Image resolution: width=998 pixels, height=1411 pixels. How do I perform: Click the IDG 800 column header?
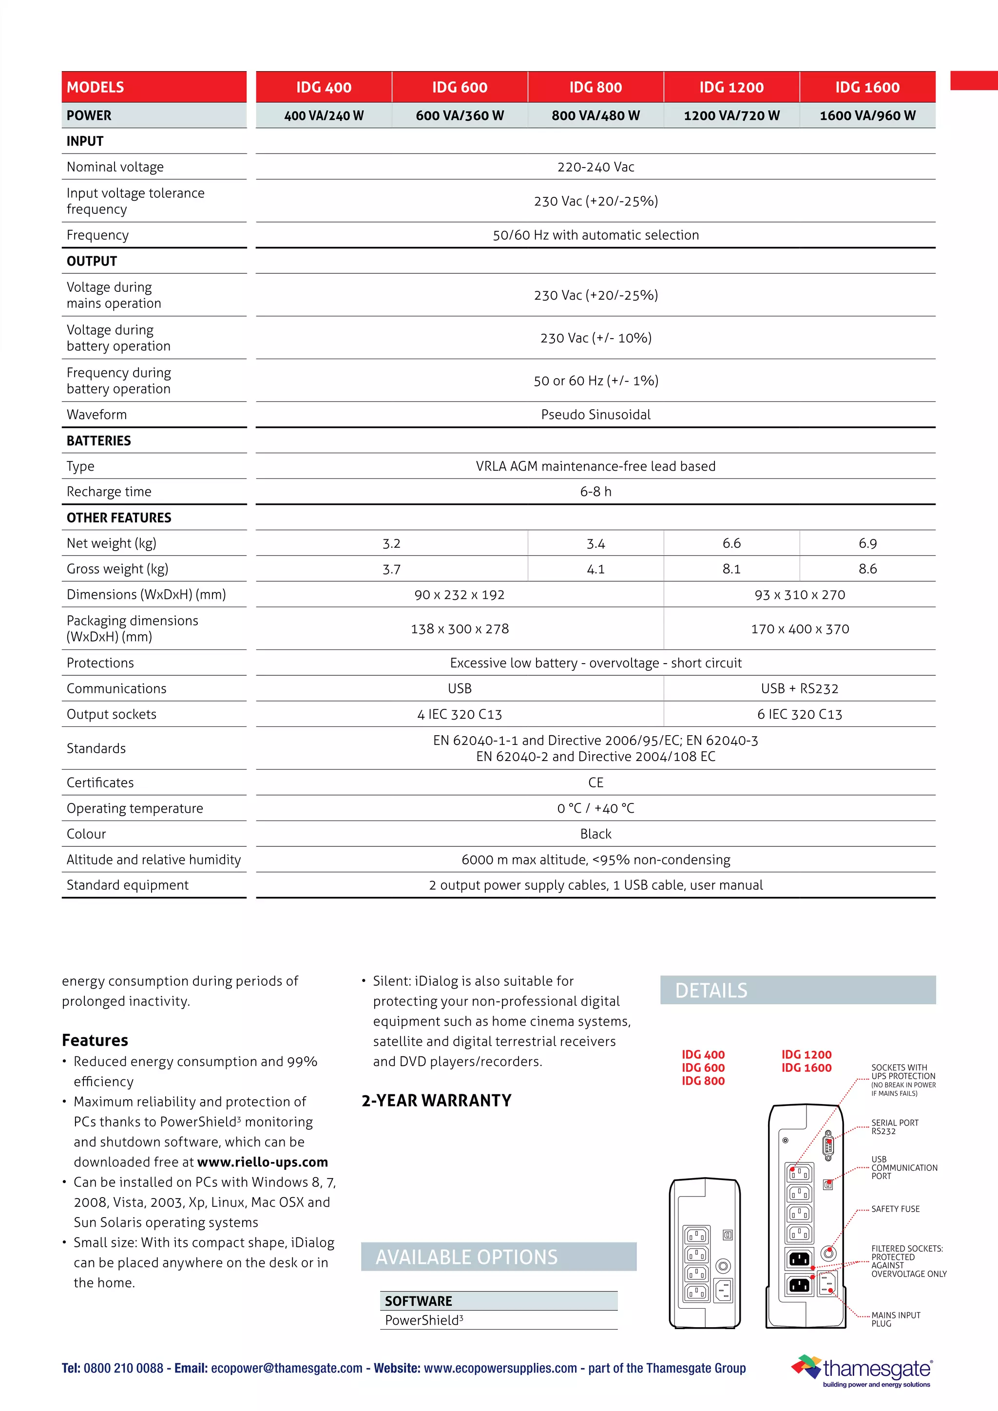[x=595, y=87]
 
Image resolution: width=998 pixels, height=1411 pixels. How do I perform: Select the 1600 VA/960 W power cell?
[x=867, y=115]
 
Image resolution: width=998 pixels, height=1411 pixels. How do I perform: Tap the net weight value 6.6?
[x=731, y=543]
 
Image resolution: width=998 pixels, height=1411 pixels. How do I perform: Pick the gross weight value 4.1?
[x=595, y=569]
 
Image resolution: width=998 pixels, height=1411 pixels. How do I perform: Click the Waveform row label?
[x=96, y=415]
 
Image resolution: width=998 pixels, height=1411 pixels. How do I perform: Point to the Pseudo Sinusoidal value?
[x=595, y=415]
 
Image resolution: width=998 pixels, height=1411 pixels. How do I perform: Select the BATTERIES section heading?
[x=98, y=440]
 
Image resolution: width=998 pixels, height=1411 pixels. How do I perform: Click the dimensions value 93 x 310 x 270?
[x=800, y=595]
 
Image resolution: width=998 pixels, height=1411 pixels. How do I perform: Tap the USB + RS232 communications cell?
[x=800, y=688]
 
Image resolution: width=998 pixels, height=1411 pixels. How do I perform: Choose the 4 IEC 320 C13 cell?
[x=459, y=714]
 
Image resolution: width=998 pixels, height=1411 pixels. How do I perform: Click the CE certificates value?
[x=595, y=782]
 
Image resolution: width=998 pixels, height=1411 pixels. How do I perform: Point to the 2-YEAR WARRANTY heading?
[x=436, y=1101]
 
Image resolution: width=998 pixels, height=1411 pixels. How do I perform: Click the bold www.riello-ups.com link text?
[x=262, y=1162]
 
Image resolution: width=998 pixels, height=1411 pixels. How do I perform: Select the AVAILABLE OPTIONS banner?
[x=499, y=1257]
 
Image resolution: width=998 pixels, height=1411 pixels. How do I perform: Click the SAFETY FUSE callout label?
[x=895, y=1209]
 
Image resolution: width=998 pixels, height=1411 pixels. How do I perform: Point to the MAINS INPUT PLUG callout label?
[x=895, y=1319]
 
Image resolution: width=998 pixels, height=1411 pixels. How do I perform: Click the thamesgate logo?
[x=864, y=1369]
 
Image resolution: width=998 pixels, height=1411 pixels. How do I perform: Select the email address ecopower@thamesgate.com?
[x=287, y=1368]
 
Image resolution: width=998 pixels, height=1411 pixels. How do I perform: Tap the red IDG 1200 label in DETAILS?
[x=806, y=1054]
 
